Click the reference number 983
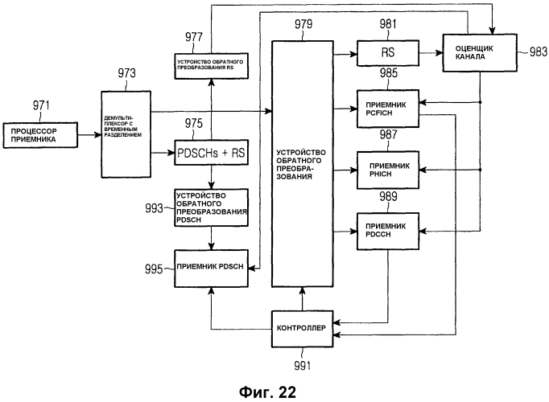(x=533, y=53)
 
